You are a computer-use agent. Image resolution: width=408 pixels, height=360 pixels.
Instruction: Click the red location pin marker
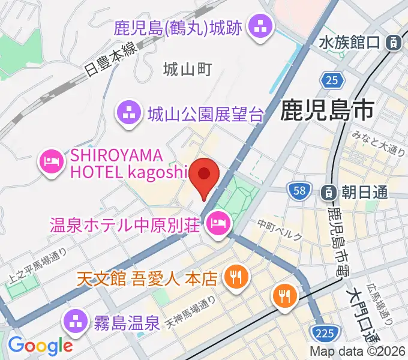click(x=205, y=175)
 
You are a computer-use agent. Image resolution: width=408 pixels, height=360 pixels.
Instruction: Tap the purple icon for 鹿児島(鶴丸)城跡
click(x=261, y=26)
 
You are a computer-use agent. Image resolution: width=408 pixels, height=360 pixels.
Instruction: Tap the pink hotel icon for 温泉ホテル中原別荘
click(x=217, y=225)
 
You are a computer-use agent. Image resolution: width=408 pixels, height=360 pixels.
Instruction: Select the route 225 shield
click(x=325, y=331)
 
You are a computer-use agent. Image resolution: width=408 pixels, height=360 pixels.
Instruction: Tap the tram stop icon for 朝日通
click(x=329, y=192)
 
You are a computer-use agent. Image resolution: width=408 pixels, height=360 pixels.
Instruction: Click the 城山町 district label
click(x=188, y=70)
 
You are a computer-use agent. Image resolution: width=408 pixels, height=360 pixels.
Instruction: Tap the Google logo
click(x=40, y=346)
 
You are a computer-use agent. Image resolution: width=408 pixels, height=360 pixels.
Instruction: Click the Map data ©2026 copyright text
click(x=358, y=352)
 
